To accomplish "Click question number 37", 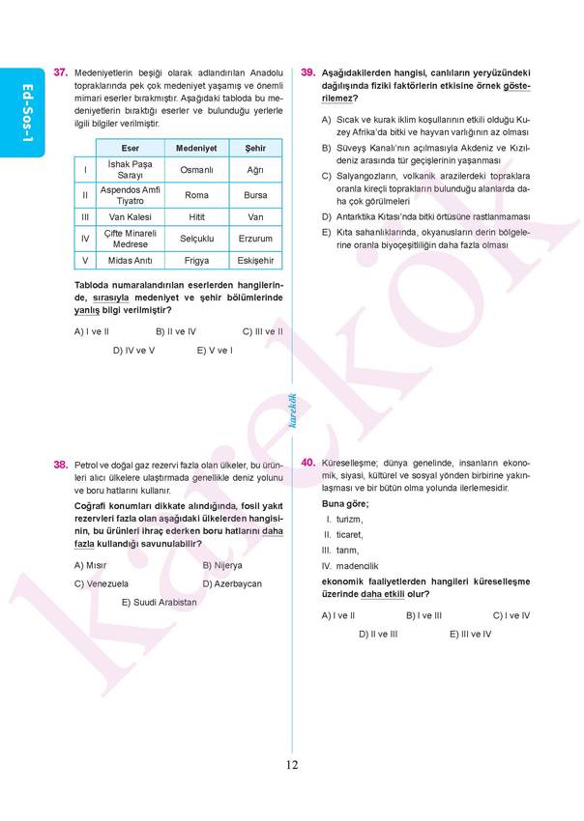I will [x=60, y=72].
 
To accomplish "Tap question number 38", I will [x=60, y=465].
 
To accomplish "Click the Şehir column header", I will [x=255, y=148].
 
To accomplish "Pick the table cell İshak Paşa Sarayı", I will [x=130, y=170].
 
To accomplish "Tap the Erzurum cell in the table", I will [x=255, y=239].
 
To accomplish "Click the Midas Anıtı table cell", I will [x=130, y=261].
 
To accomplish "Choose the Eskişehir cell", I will [x=255, y=261].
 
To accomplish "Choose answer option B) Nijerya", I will [x=222, y=565].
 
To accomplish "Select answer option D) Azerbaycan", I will [x=232, y=583].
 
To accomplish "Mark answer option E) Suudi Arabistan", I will [x=159, y=602].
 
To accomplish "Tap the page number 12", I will [x=292, y=765].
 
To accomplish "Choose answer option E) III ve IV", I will [x=470, y=634].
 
